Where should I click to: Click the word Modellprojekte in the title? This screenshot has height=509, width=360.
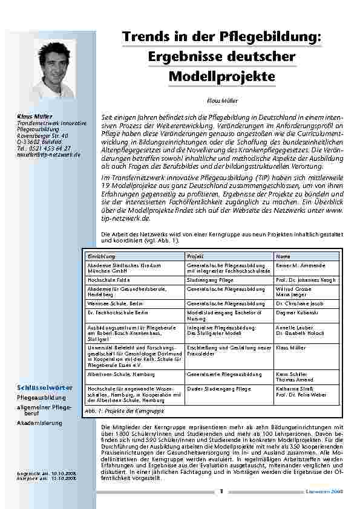click(x=221, y=77)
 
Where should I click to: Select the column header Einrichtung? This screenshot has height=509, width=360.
click(x=102, y=256)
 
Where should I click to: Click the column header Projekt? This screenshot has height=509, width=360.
click(x=195, y=256)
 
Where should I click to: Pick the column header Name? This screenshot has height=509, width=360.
click(x=283, y=256)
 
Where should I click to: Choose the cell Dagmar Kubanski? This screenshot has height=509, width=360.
click(x=296, y=313)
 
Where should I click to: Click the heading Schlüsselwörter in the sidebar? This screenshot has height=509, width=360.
click(x=45, y=387)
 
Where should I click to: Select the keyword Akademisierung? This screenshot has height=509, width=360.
click(x=40, y=423)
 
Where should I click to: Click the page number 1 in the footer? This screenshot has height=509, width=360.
click(x=221, y=491)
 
